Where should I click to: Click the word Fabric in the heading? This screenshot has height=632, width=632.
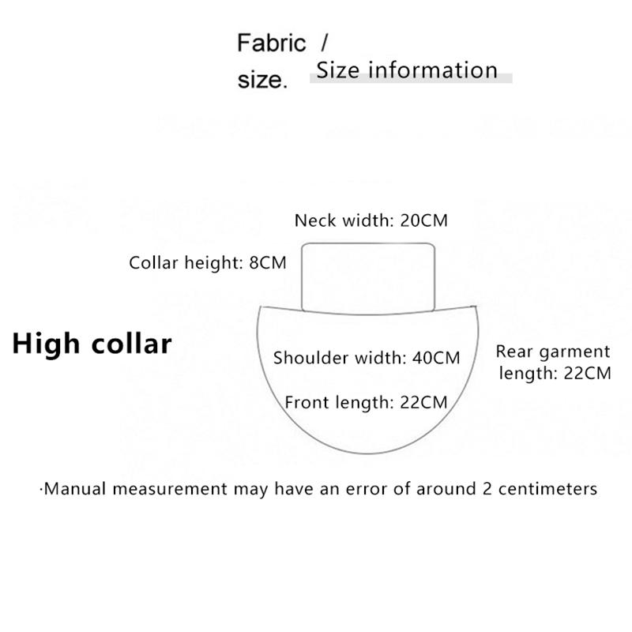271,43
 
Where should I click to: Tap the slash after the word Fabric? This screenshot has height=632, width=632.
324,40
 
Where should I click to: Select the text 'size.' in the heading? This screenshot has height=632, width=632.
261,81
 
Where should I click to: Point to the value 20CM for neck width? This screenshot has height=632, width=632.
423,220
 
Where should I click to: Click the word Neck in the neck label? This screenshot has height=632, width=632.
313,220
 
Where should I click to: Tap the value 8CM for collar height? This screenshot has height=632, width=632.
267,263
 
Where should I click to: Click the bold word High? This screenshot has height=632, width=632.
45,344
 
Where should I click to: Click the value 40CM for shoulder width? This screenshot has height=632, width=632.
436,358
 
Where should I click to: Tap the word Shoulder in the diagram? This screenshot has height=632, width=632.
310,358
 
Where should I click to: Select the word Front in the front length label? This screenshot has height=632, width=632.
307,403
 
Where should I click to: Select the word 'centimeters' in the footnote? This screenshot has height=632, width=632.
548,489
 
